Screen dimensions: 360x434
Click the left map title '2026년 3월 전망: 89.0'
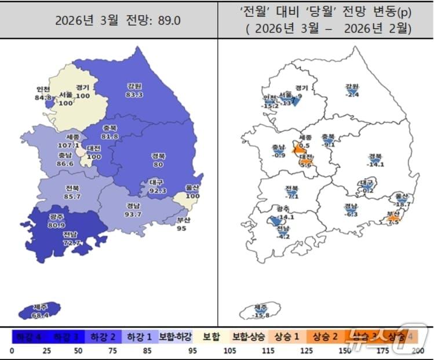tap(110, 21)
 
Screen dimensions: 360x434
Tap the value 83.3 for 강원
tap(135, 94)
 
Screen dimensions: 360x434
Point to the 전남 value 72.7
tap(72, 242)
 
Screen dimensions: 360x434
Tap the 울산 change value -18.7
tap(401, 204)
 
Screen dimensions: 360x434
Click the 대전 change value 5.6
tap(306, 165)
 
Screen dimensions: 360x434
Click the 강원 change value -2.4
tap(352, 94)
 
